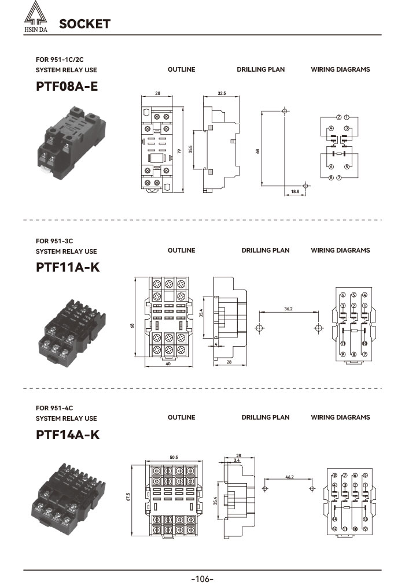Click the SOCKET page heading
(84, 24)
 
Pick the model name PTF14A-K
(67, 435)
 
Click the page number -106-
(203, 578)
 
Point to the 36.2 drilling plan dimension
(288, 309)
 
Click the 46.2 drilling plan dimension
(290, 477)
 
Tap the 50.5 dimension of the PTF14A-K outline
(174, 458)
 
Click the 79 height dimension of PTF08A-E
(180, 151)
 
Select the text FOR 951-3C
(54, 240)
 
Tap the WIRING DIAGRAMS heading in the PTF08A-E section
(340, 69)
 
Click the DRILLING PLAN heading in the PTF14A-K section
(265, 417)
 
